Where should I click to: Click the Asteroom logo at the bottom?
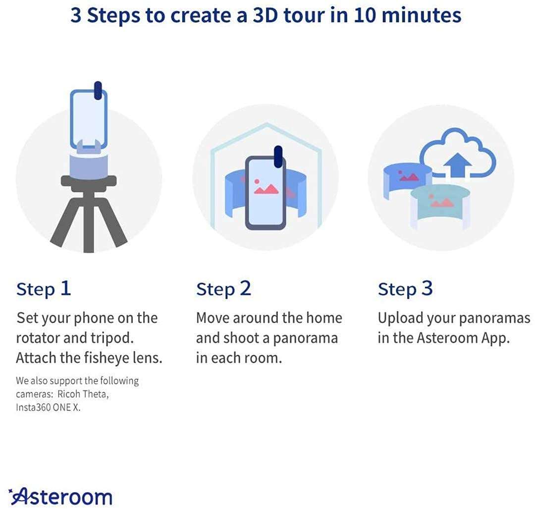click(61, 496)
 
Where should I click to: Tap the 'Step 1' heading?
click(44, 289)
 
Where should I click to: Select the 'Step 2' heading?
click(223, 289)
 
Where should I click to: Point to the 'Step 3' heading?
click(405, 289)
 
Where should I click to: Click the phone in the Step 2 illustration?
click(266, 193)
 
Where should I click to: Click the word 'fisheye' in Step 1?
click(105, 358)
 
